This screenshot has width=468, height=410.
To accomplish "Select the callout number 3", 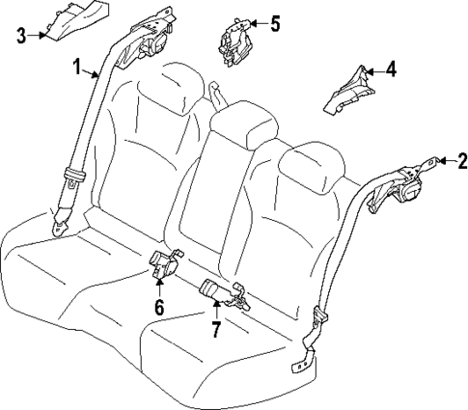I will (x=21, y=37).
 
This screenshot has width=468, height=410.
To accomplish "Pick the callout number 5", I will (x=275, y=22).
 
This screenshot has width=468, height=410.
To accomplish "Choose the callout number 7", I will (x=217, y=329).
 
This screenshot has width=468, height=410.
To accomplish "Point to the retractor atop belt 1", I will (x=154, y=41).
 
